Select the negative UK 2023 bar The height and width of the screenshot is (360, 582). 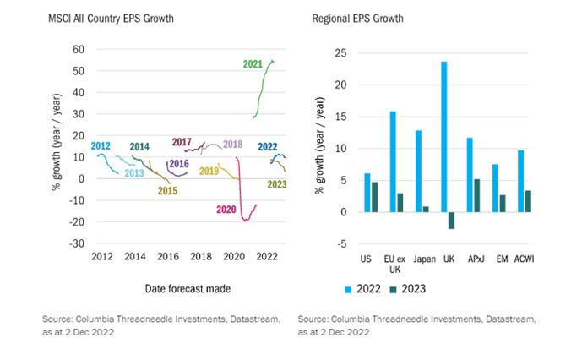coord(452,220)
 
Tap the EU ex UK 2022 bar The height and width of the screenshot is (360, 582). coord(393,161)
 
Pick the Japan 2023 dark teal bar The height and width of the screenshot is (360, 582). coord(426,209)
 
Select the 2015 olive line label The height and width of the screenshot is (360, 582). coord(168,190)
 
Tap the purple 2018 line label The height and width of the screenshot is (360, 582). coord(232,145)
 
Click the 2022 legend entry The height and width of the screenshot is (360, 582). coord(354,288)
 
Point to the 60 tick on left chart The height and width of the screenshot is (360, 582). coord(79,50)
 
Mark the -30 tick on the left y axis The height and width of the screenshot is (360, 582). coord(76,243)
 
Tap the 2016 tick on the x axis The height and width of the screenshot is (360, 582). coord(168,256)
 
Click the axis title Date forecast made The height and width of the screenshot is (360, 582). coord(185,288)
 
